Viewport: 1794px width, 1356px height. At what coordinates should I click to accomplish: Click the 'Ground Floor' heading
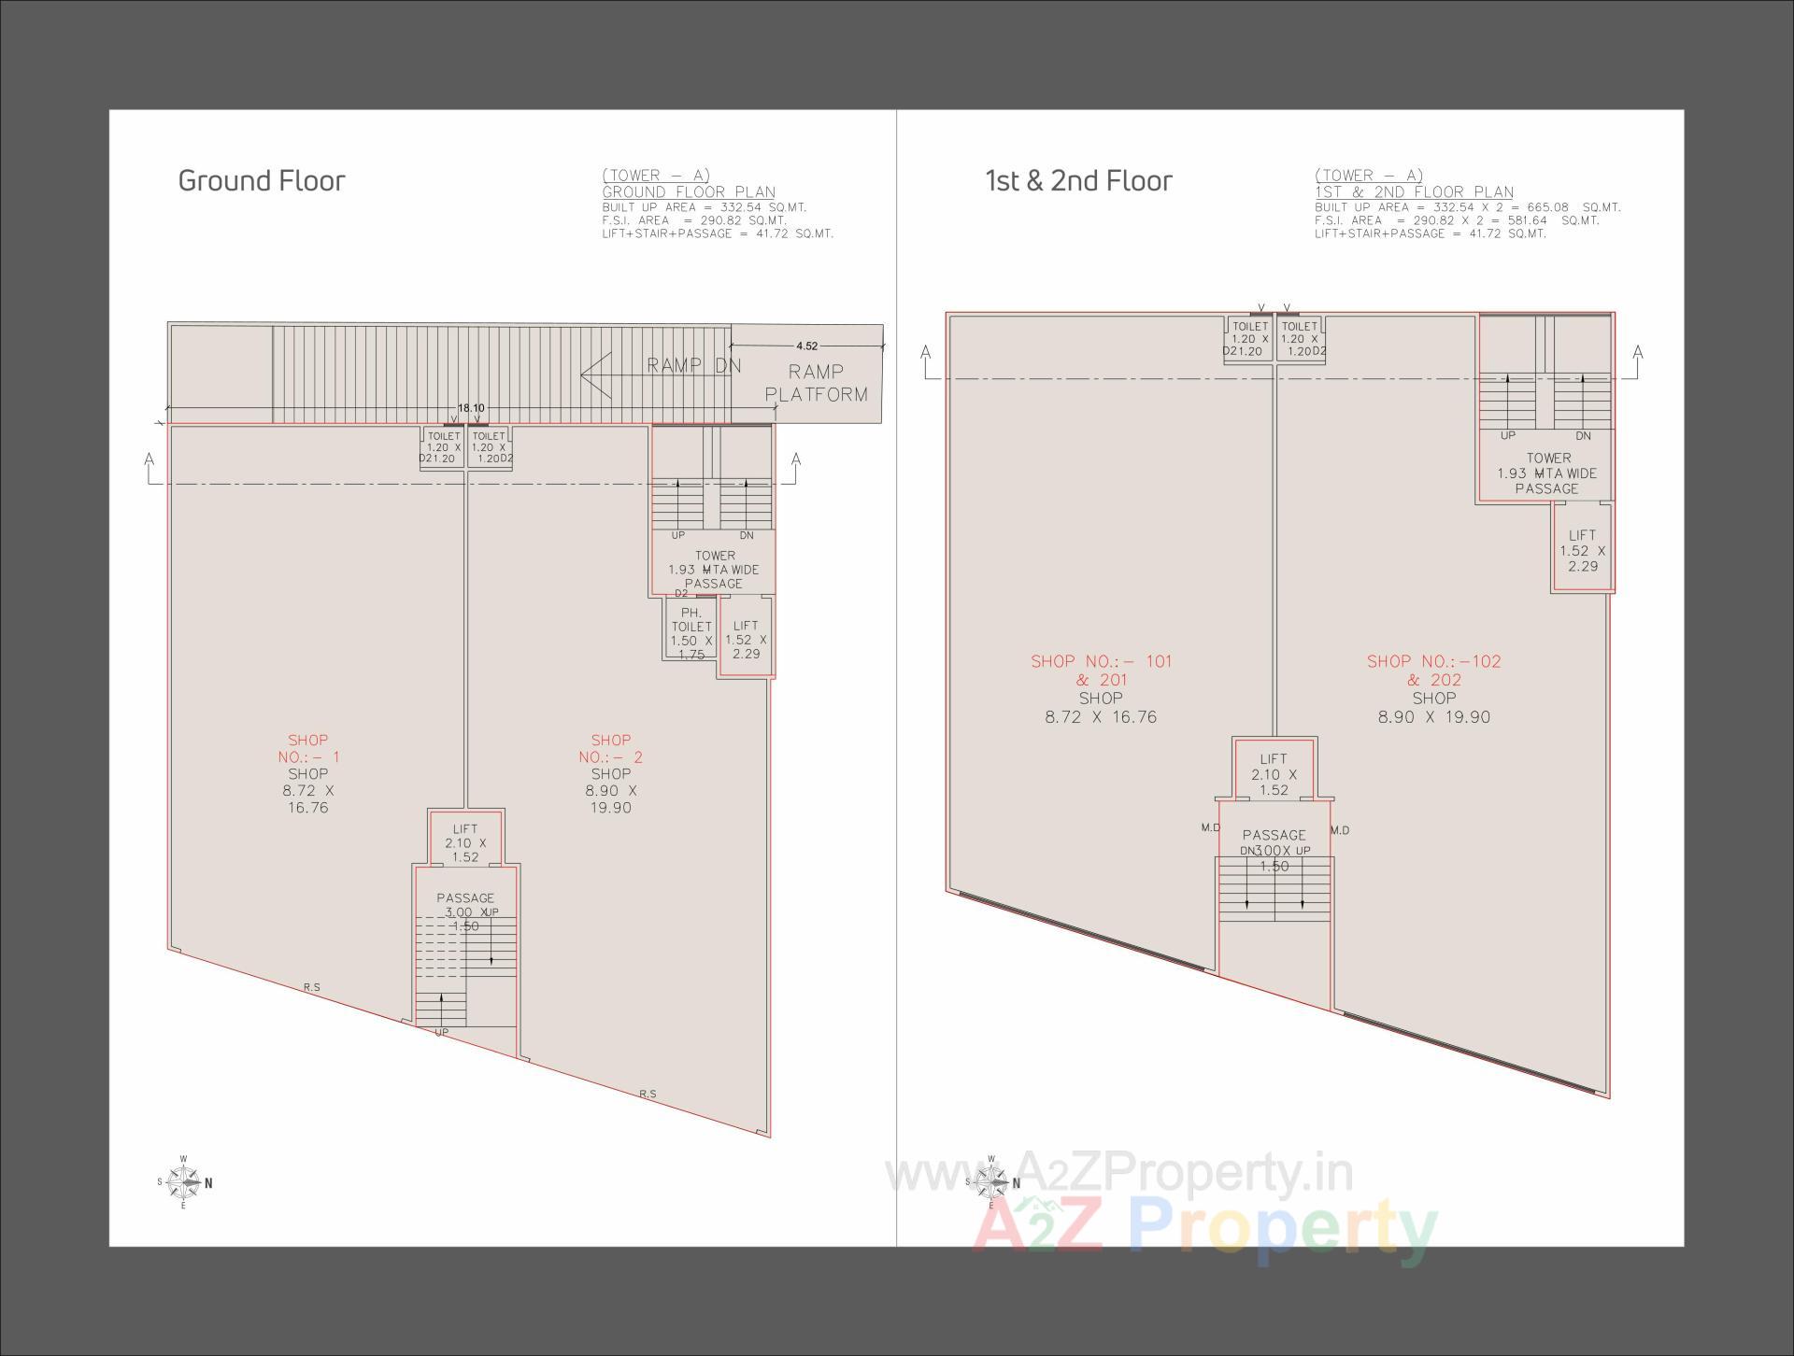pyautogui.click(x=262, y=180)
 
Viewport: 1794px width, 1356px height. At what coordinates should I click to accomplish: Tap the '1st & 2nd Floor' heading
pyautogui.click(x=1078, y=180)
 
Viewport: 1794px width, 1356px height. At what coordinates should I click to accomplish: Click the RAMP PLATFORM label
pyautogui.click(x=816, y=383)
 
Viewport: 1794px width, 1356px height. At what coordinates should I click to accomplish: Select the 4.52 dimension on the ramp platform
pyautogui.click(x=806, y=346)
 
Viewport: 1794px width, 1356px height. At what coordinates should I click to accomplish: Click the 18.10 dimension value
pyautogui.click(x=470, y=408)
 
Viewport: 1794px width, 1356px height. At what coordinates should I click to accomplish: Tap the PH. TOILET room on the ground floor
pyautogui.click(x=691, y=633)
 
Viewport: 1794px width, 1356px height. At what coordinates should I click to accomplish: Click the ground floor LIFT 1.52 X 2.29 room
pyautogui.click(x=746, y=640)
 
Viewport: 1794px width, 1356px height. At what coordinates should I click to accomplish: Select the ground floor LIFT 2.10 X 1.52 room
pyautogui.click(x=465, y=842)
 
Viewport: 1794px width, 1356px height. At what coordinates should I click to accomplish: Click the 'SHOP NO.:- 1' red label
pyautogui.click(x=308, y=749)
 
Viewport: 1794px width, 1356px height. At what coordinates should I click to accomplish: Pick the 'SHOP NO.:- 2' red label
pyautogui.click(x=611, y=749)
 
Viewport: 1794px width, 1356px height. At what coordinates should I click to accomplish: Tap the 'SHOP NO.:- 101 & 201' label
pyautogui.click(x=1101, y=671)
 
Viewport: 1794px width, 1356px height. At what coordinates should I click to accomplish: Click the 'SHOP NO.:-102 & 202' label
pyautogui.click(x=1433, y=671)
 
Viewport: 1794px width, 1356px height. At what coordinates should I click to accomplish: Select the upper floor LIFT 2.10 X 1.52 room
pyautogui.click(x=1274, y=774)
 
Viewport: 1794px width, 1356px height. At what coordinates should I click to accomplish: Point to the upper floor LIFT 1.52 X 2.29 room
pyautogui.click(x=1583, y=550)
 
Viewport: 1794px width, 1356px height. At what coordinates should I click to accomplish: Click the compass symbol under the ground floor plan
pyautogui.click(x=184, y=1182)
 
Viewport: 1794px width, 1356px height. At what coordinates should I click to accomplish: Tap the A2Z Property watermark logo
pyautogui.click(x=1205, y=1231)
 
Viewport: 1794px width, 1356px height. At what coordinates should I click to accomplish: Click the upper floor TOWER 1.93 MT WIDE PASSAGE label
pyautogui.click(x=1547, y=473)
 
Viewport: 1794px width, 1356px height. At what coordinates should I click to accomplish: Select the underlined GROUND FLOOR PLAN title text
pyautogui.click(x=689, y=192)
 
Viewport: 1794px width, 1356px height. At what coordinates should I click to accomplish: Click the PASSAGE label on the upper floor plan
pyautogui.click(x=1274, y=835)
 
